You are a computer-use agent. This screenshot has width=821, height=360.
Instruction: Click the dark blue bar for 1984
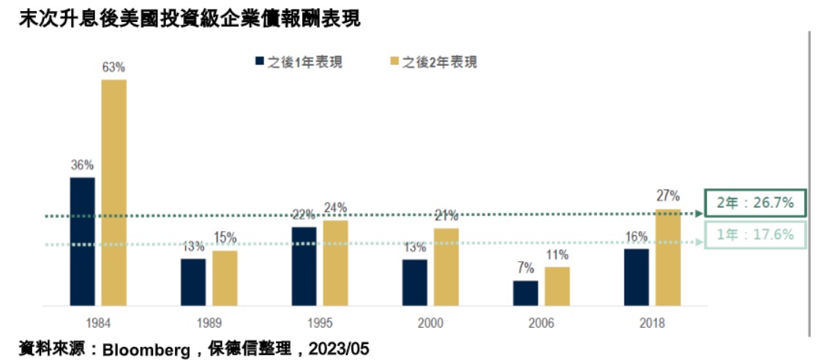coord(83,241)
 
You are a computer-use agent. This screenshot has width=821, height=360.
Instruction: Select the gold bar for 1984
coord(114,192)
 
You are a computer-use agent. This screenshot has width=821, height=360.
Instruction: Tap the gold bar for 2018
coord(668,258)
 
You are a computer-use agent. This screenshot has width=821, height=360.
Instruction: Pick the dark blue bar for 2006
coord(525,293)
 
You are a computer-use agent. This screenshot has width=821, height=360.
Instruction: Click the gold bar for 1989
coord(225,278)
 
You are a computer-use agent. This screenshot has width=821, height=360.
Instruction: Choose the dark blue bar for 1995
coord(304,266)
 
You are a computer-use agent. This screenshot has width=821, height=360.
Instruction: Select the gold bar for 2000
coord(446,267)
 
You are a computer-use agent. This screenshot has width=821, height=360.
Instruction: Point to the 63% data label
coord(113,67)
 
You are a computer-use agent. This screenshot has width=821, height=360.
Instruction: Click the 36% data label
coord(83,165)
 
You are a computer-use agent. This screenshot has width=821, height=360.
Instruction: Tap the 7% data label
coord(525,269)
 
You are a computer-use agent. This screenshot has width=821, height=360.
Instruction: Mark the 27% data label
coord(668,197)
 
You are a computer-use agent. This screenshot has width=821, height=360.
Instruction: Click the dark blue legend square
coord(258,61)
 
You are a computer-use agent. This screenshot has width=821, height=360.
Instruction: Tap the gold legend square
coord(394,61)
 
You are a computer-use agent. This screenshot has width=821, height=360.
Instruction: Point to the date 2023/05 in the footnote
coord(338,349)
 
